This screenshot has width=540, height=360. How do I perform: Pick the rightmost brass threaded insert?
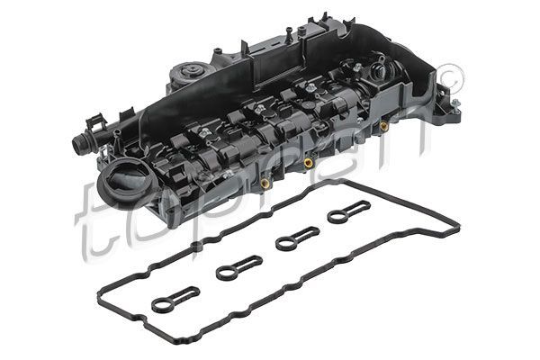pyautogui.click(x=383, y=126)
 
